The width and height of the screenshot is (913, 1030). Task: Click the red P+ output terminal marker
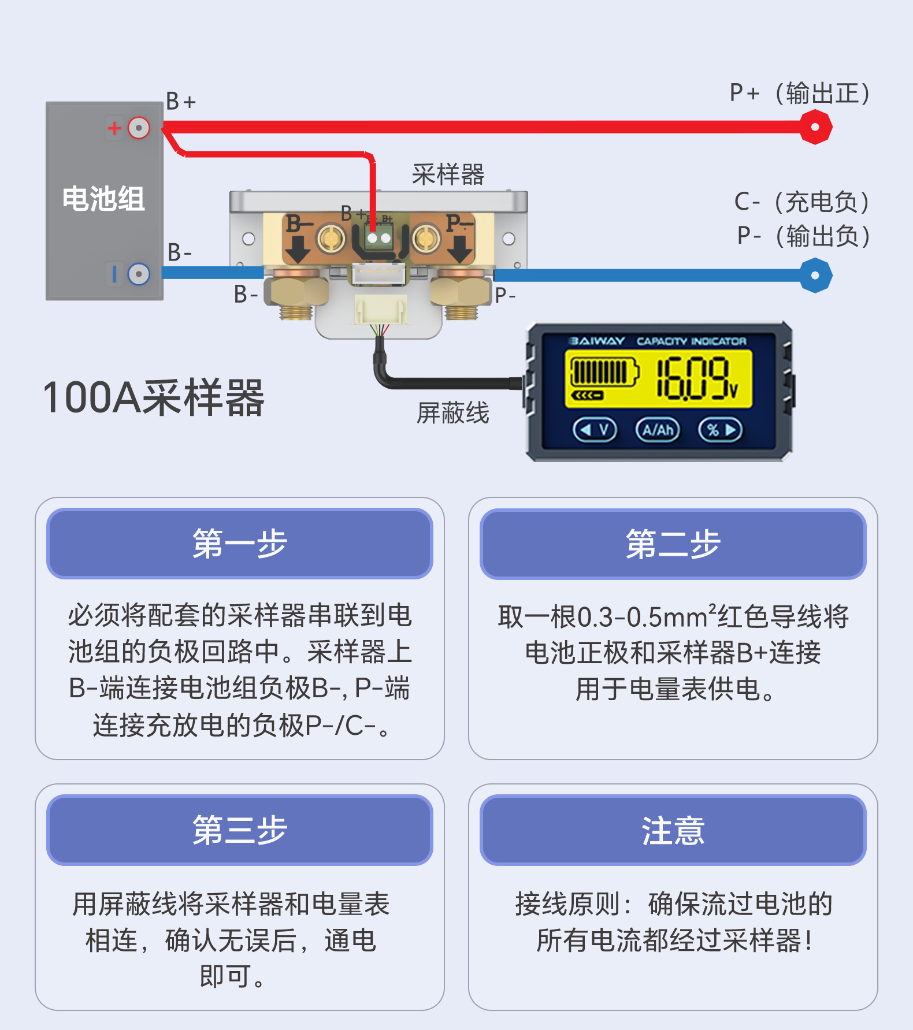(x=815, y=127)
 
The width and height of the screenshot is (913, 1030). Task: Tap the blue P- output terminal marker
(x=815, y=276)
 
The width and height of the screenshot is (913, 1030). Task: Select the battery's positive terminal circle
(x=139, y=128)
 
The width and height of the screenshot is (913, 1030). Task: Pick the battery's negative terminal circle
(x=139, y=274)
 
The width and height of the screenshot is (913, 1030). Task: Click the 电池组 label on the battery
(x=103, y=199)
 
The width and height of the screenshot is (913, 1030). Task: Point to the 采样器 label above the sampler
(x=448, y=174)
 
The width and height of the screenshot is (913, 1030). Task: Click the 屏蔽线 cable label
(x=453, y=413)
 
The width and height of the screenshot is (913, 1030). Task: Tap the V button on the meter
(x=595, y=430)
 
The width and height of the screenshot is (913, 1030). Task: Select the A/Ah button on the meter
(x=658, y=430)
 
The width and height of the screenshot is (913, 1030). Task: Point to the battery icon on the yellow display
(x=604, y=372)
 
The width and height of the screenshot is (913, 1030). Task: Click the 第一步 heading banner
(x=240, y=544)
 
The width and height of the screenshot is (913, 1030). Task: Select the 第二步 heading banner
(x=673, y=544)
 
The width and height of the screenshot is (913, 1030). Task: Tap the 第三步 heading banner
(x=240, y=830)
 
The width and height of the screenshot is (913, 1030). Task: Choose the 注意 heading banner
(x=673, y=830)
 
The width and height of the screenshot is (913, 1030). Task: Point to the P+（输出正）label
(x=800, y=93)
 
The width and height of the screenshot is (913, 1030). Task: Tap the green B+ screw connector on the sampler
(x=378, y=237)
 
